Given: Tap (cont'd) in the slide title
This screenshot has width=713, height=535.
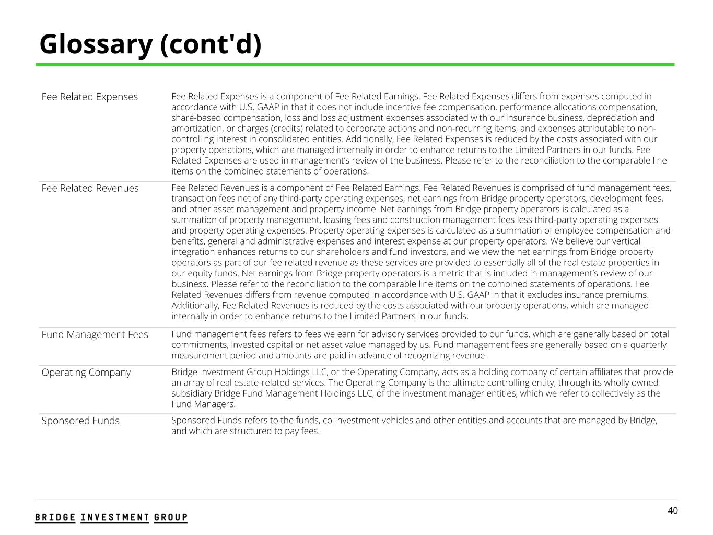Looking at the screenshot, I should point(211,44).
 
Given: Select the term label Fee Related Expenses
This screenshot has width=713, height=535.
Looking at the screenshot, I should point(90,97).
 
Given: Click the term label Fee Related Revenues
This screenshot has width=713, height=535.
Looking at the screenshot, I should point(90,188).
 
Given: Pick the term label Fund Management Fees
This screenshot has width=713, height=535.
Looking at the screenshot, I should point(95,334).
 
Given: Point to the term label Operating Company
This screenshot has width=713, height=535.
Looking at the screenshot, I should point(86,373).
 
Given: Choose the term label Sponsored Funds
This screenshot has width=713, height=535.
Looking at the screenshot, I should point(80,421).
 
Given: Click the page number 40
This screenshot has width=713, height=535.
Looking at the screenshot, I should point(673,510).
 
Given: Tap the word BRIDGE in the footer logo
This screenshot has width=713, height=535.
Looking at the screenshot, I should point(55,517).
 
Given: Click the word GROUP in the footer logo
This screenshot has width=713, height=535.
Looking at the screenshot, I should point(171,517).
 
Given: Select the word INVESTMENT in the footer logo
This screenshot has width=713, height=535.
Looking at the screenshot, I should point(115,517).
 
